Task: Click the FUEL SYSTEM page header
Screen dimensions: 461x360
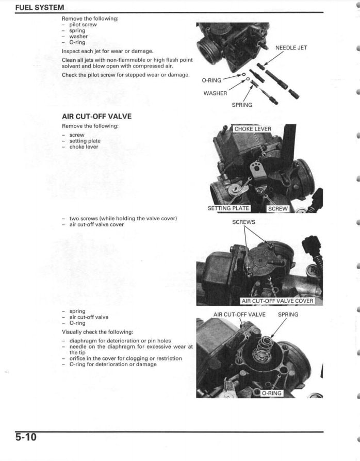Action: coord(40,8)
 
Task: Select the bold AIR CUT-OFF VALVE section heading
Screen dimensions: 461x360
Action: coord(96,116)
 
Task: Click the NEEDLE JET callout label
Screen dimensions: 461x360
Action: coord(291,48)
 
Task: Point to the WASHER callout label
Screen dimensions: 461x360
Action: coord(215,93)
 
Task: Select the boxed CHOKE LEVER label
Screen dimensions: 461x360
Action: coord(252,129)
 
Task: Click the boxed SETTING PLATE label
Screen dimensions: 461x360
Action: coord(228,208)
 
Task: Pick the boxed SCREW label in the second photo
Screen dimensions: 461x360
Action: coord(278,209)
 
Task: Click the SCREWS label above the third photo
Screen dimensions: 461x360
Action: coord(243,222)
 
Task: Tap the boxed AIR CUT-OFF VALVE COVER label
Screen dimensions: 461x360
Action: coord(277,301)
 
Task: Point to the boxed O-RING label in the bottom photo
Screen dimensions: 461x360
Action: coord(271,393)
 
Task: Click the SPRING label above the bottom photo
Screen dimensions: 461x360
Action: coord(288,314)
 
